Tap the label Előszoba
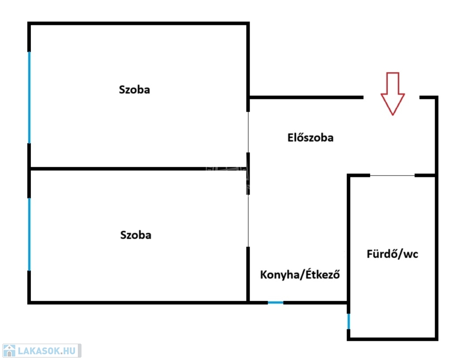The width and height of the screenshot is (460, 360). point(310,138)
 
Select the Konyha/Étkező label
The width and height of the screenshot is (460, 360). point(300,275)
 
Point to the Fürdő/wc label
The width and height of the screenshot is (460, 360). point(392,255)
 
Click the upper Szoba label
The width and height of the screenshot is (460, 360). point(134,90)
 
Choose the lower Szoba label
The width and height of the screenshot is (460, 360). point(135,235)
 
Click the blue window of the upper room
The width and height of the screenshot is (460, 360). point(29,97)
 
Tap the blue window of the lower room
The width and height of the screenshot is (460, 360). point(29,234)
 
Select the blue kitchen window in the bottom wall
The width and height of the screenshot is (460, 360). point(275,303)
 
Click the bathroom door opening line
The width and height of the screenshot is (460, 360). point(392,176)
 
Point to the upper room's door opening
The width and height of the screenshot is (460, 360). point(248,132)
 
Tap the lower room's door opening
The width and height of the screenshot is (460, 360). point(248,220)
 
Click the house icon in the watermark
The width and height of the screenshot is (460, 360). point(9,351)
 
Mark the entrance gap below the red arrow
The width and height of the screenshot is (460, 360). point(391,97)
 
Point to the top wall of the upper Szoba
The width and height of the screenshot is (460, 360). point(138,23)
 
